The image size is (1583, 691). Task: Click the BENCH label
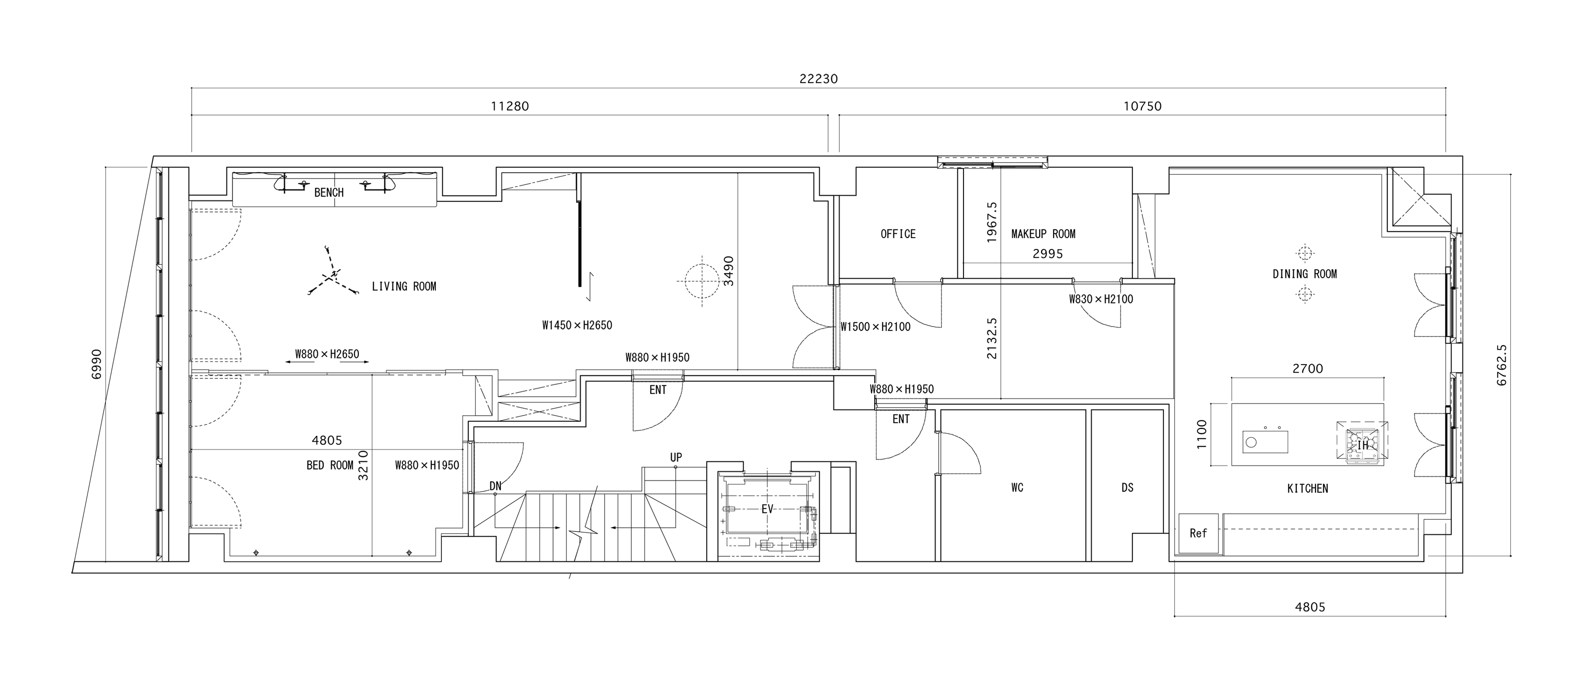[x=329, y=192]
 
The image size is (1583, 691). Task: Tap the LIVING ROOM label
[x=404, y=286]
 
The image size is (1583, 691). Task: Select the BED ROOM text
[x=330, y=465]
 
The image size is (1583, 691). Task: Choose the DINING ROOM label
[x=1305, y=274]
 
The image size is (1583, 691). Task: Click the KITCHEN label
[x=1308, y=489]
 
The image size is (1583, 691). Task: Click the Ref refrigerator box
[x=1198, y=534]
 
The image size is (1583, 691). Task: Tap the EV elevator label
[x=767, y=509]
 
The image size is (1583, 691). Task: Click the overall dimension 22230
[x=818, y=79]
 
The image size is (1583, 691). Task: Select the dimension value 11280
[x=510, y=106]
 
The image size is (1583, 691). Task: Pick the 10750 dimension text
[x=1142, y=106]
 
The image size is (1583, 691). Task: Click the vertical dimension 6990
[x=96, y=364]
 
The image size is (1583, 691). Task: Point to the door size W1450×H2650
[x=577, y=325]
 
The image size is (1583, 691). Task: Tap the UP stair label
[x=676, y=458]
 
